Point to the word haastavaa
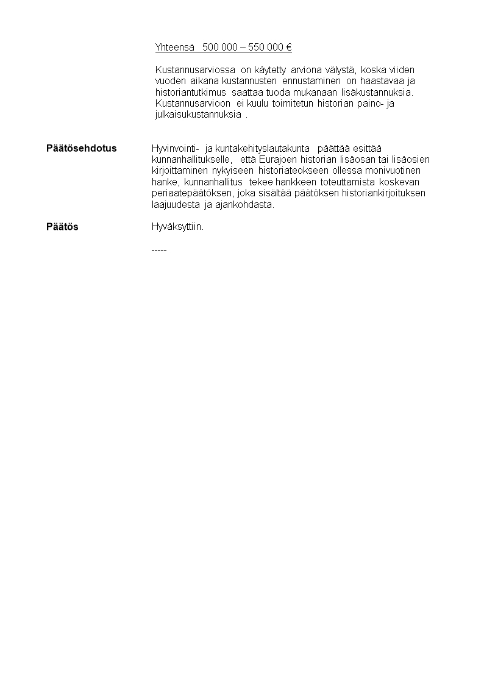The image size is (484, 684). (x=384, y=81)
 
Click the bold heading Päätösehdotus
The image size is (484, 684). (x=82, y=149)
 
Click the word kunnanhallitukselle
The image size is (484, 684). (x=191, y=160)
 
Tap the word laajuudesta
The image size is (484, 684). (x=176, y=205)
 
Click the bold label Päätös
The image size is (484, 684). (x=62, y=227)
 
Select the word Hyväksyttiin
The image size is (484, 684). (x=177, y=227)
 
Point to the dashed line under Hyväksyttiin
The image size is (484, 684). (x=158, y=249)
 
